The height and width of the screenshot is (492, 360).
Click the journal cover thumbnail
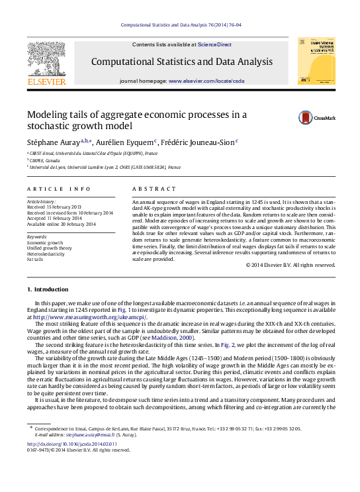[x=316, y=60]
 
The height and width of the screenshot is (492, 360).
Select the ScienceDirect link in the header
[x=214, y=44]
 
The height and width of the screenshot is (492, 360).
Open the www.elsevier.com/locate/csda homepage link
[x=206, y=81]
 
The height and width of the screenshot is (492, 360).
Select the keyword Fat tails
[x=34, y=259]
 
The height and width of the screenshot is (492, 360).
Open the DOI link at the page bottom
[x=70, y=444]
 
